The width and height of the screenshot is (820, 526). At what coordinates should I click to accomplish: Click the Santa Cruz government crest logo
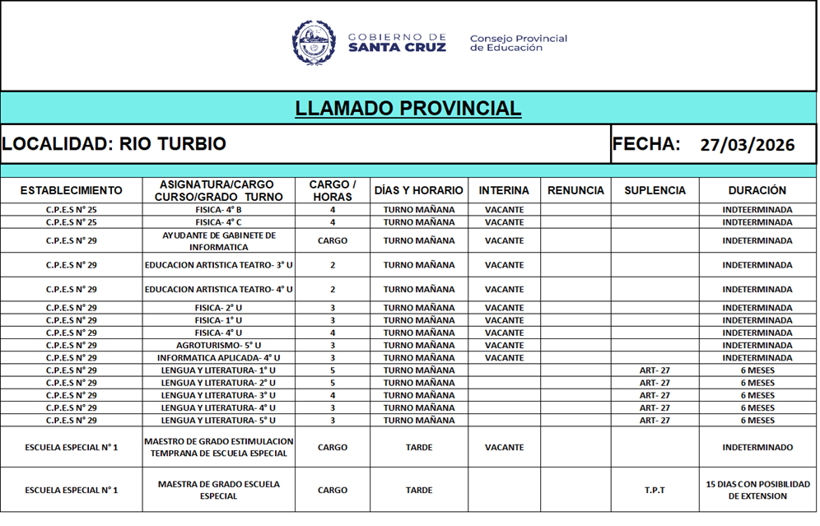314,43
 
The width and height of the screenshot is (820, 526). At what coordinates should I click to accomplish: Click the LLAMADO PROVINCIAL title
408,109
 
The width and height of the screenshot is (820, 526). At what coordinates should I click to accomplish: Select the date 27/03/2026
747,146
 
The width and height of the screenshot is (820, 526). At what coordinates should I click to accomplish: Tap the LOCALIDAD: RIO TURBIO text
114,144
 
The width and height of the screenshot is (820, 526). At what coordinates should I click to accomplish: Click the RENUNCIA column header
575,191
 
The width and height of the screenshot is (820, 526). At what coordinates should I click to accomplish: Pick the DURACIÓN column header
757,191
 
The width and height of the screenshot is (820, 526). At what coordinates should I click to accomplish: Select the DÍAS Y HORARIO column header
418,191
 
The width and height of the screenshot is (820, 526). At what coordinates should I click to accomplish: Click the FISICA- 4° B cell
218,210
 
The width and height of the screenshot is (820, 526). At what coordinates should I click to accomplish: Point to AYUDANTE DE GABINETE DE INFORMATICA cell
218,241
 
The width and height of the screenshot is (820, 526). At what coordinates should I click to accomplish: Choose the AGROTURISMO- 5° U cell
218,346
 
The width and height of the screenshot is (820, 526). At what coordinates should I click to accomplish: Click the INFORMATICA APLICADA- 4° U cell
218,358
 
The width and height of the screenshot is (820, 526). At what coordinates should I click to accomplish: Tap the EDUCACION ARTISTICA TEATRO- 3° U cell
218,266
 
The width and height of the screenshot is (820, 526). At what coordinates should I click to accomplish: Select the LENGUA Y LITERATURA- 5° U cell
218,421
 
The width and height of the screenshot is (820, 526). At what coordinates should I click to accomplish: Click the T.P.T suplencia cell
655,491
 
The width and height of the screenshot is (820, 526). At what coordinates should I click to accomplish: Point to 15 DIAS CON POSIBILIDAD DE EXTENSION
757,491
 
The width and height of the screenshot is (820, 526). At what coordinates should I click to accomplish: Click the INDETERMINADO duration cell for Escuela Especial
757,448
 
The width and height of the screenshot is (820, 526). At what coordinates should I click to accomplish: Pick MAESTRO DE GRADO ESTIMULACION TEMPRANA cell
218,448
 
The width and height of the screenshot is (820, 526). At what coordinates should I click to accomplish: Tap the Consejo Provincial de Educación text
518,43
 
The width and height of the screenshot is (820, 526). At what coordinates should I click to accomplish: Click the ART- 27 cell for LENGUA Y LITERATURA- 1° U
655,370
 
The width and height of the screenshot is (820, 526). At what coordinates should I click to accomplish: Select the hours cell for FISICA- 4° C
333,222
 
